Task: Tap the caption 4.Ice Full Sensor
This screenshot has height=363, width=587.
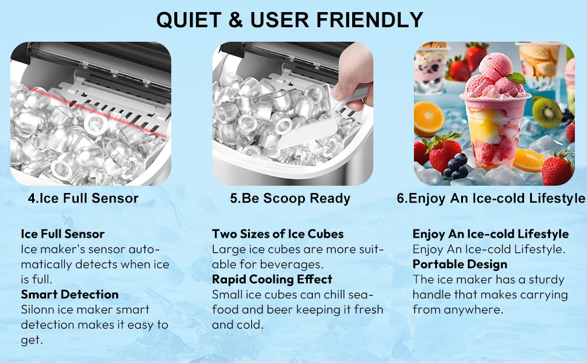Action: pos(83,198)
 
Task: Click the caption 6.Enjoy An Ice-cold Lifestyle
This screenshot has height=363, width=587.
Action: pos(491,198)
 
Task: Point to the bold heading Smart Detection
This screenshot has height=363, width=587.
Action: pos(70,295)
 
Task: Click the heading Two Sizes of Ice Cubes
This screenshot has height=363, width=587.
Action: pos(278,234)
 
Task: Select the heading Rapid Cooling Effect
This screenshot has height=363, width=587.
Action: pos(272,280)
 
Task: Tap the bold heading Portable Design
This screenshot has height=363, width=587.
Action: pos(460,264)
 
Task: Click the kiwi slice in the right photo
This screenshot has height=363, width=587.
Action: pos(546,112)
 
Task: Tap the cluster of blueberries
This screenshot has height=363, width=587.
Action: pos(457,166)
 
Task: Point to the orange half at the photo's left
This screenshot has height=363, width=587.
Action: pos(428,118)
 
